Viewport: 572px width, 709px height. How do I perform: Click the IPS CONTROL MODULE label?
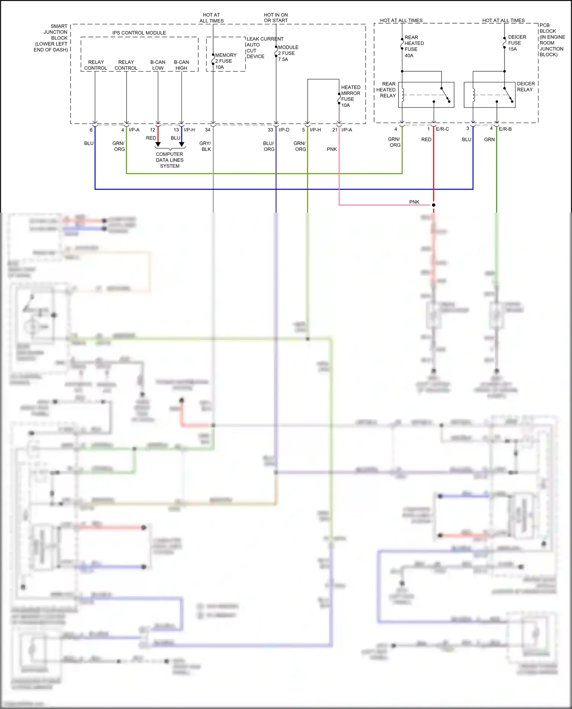139,33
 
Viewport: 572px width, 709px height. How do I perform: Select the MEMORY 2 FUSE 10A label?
225,61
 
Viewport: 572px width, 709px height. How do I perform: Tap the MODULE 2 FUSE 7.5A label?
288,53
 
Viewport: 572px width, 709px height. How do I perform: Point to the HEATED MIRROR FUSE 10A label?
350,96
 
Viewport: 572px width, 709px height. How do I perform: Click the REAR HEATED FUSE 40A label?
413,46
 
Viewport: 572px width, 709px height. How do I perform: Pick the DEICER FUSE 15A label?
517,43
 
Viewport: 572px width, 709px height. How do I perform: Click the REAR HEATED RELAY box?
426,95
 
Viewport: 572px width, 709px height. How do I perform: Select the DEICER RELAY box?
489,95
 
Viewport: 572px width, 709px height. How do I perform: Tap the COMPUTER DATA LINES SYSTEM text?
170,160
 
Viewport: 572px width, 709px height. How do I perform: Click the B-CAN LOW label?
158,65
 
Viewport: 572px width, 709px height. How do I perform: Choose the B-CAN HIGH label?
182,65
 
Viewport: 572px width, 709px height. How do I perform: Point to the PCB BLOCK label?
551,40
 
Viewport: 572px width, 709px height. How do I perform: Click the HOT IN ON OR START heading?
276,18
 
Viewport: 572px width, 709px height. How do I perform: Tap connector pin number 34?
207,130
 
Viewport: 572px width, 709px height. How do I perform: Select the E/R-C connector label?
442,129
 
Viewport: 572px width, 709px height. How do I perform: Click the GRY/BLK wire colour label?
206,146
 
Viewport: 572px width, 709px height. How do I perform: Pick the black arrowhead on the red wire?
158,144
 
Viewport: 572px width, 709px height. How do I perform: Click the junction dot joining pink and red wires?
434,205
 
